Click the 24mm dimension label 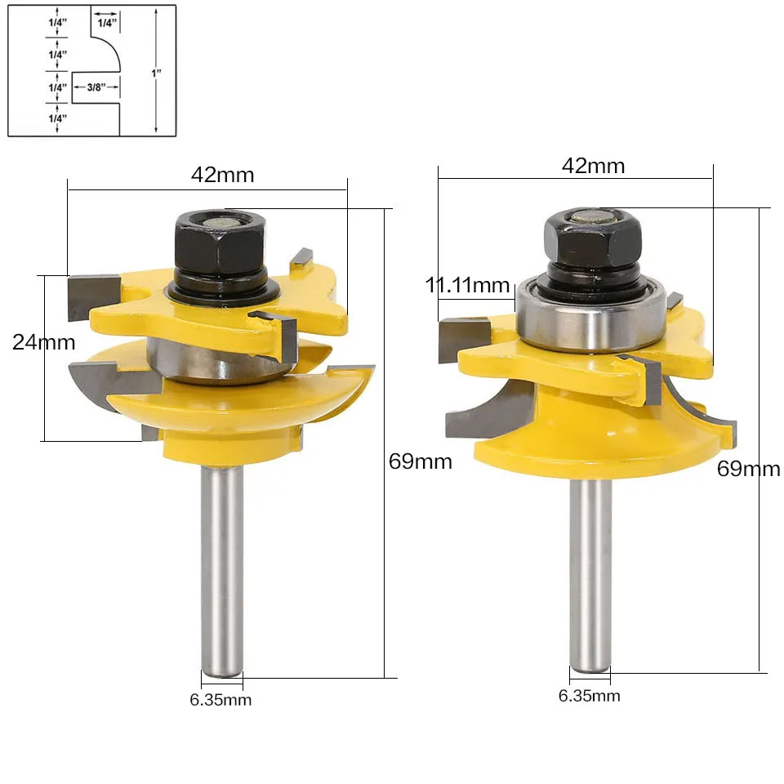44,342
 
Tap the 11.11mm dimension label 467,285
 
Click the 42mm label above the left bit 222,175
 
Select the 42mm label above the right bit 593,166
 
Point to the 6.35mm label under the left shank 220,700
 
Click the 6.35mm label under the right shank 589,696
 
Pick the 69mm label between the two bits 420,461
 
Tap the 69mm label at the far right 749,469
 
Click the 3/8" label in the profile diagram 96,87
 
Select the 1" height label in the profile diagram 156,73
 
